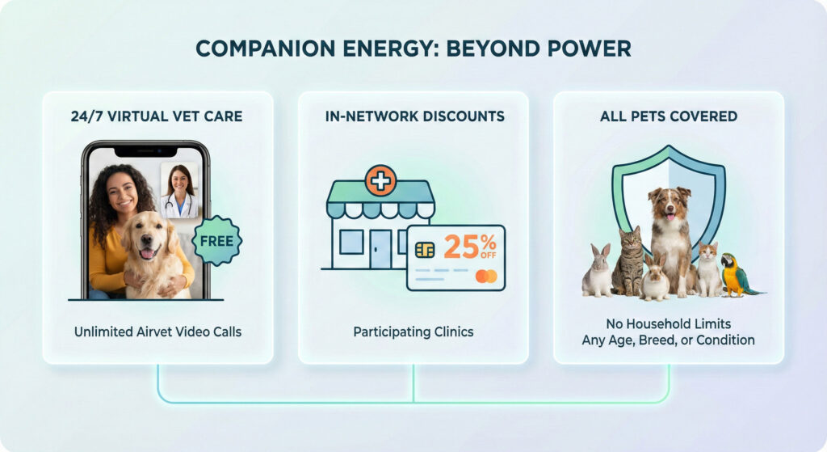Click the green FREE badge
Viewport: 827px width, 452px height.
pos(216,241)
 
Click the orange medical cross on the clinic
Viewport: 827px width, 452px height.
pos(380,180)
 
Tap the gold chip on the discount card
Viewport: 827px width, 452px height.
pos(425,250)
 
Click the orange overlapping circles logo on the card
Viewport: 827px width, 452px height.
pos(485,277)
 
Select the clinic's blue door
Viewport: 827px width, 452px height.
pos(381,248)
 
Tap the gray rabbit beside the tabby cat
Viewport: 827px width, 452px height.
pos(598,271)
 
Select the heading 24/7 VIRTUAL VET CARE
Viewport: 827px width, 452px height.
pos(157,116)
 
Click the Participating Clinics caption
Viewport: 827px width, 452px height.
pos(413,332)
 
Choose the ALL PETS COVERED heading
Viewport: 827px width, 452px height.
pos(668,116)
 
